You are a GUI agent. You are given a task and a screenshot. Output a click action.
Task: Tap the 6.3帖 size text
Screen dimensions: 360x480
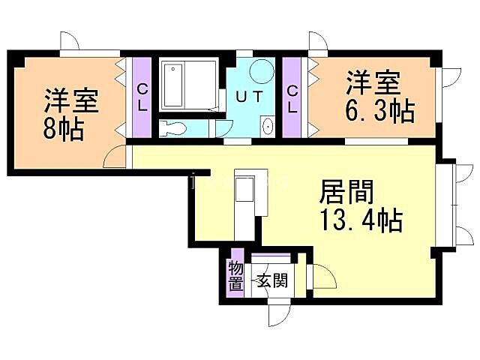tap(379, 112)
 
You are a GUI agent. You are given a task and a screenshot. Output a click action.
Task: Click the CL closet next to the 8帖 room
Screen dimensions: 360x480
tap(142, 97)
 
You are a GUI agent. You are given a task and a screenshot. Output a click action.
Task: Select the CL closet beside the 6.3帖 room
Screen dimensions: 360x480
tap(292, 98)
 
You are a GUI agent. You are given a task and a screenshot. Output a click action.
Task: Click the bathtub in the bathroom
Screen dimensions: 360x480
tap(172, 85)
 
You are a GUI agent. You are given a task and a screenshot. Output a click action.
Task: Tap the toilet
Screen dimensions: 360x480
tap(172, 128)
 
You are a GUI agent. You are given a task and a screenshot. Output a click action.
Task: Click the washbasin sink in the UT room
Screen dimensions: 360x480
tap(267, 126)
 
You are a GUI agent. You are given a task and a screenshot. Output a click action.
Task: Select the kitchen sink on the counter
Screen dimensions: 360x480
tap(245, 188)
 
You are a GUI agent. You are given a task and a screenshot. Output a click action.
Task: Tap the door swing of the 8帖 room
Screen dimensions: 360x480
tap(116, 155)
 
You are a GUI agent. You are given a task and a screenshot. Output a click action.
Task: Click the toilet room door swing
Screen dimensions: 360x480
tap(224, 127)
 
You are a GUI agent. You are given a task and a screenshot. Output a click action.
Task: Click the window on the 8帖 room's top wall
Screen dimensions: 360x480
tap(90, 52)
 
